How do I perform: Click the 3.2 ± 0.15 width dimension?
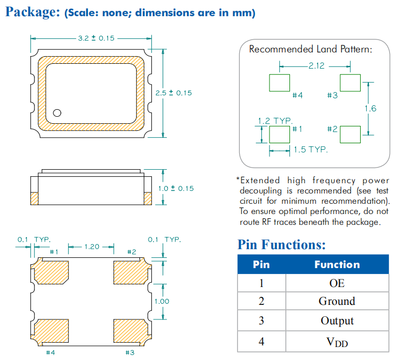pyautogui.click(x=91, y=39)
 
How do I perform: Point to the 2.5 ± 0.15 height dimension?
pyautogui.click(x=173, y=93)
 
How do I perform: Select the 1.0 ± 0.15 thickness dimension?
pyautogui.click(x=176, y=188)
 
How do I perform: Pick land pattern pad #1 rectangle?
pyautogui.click(x=279, y=134)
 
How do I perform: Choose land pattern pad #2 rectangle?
pyautogui.click(x=350, y=134)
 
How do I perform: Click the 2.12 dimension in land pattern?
pyautogui.click(x=316, y=66)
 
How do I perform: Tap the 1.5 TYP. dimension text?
pyautogui.click(x=311, y=149)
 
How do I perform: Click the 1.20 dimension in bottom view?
pyautogui.click(x=92, y=246)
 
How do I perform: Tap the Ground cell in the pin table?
pyautogui.click(x=336, y=302)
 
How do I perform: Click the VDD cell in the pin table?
pyautogui.click(x=336, y=341)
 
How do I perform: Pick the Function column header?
pyautogui.click(x=336, y=264)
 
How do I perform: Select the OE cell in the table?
pyautogui.click(x=336, y=283)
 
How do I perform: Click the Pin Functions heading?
pyautogui.click(x=281, y=245)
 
